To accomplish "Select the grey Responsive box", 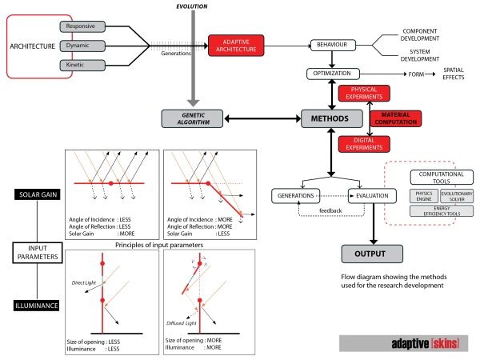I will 80,26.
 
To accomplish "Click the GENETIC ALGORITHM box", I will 189,119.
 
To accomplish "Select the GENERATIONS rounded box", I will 297,194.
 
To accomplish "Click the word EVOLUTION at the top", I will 193,6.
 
